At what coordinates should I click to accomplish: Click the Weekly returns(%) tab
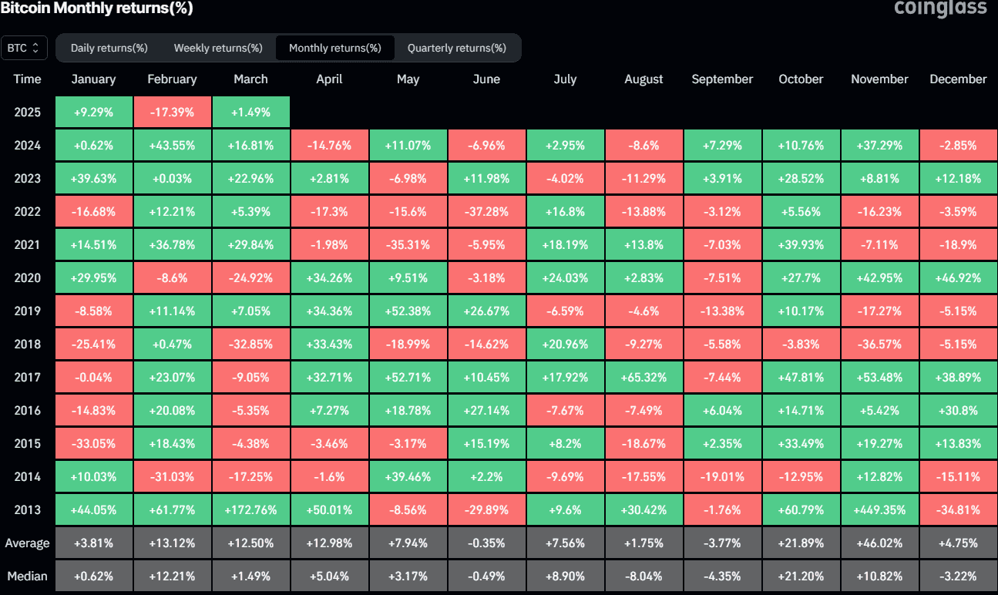(218, 48)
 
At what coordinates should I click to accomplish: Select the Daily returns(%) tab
(109, 48)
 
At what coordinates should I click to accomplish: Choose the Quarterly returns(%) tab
(456, 48)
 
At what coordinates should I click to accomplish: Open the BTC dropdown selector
(24, 48)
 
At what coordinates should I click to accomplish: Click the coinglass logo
(940, 8)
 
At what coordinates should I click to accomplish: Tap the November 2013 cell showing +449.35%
(879, 509)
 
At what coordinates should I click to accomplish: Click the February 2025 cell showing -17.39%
(172, 112)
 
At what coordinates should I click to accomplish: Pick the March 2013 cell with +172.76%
(250, 509)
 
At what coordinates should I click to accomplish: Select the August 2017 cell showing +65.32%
(643, 377)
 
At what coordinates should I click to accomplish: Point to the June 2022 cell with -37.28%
(486, 211)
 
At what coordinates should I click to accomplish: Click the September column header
(722, 79)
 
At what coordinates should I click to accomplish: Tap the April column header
(329, 79)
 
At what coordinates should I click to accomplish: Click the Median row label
(27, 576)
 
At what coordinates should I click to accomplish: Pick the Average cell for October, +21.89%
(801, 543)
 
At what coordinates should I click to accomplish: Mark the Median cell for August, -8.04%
(643, 576)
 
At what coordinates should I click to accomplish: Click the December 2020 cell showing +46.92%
(958, 277)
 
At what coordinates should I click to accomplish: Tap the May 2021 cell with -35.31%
(408, 244)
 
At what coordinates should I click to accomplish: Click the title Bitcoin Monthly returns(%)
(96, 8)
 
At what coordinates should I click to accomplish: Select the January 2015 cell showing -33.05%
(93, 443)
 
